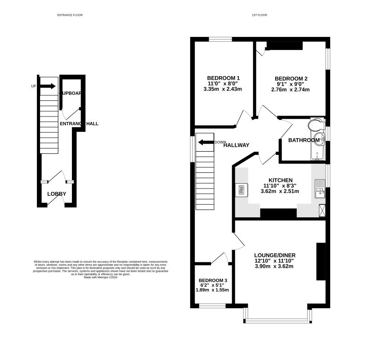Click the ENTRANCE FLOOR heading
[x=70, y=15]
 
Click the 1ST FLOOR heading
[x=260, y=15]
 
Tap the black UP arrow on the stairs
[x=48, y=86]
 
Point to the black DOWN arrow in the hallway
[x=206, y=142]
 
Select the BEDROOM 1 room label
[x=223, y=77]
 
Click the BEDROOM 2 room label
[x=291, y=78]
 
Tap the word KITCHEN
[x=281, y=180]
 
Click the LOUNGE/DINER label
[x=274, y=255]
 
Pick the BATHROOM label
[x=304, y=140]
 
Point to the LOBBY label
[x=57, y=194]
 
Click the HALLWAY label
[x=236, y=145]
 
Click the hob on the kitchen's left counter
[x=241, y=190]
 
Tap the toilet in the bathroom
[x=317, y=124]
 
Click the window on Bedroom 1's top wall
[x=220, y=40]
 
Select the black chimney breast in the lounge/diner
[x=321, y=262]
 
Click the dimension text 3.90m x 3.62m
[x=274, y=266]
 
